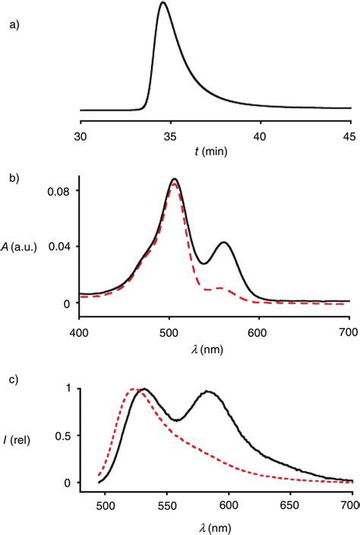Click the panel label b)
pos(14,179)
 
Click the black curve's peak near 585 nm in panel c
pos(209,392)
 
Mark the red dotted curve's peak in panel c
pos(135,389)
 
